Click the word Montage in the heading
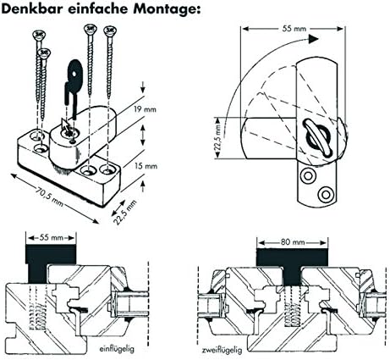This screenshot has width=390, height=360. [162, 9]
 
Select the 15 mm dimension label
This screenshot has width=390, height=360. [146, 167]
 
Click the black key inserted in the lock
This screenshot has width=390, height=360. [71, 90]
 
